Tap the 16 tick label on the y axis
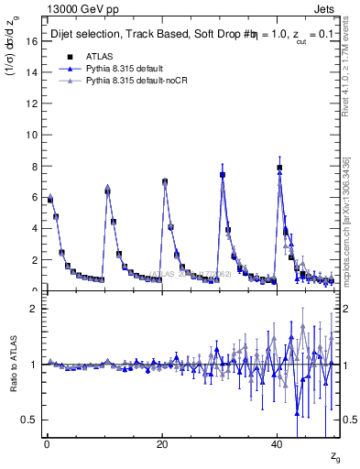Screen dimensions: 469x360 click(29, 41)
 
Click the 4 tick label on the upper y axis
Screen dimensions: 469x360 click(32, 229)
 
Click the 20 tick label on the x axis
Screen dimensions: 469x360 click(162, 444)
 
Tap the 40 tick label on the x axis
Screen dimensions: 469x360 click(278, 444)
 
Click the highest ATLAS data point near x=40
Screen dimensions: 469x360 click(279, 168)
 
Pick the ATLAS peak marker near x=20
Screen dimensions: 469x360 click(165, 181)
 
